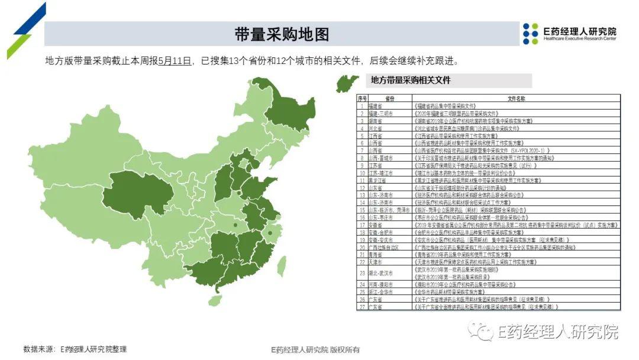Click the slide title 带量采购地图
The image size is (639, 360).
tap(281, 34)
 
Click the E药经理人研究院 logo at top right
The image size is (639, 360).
tap(569, 34)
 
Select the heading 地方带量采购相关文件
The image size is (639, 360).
tap(410, 81)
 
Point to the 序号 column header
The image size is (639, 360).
tap(362, 98)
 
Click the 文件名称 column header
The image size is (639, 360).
tap(516, 98)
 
